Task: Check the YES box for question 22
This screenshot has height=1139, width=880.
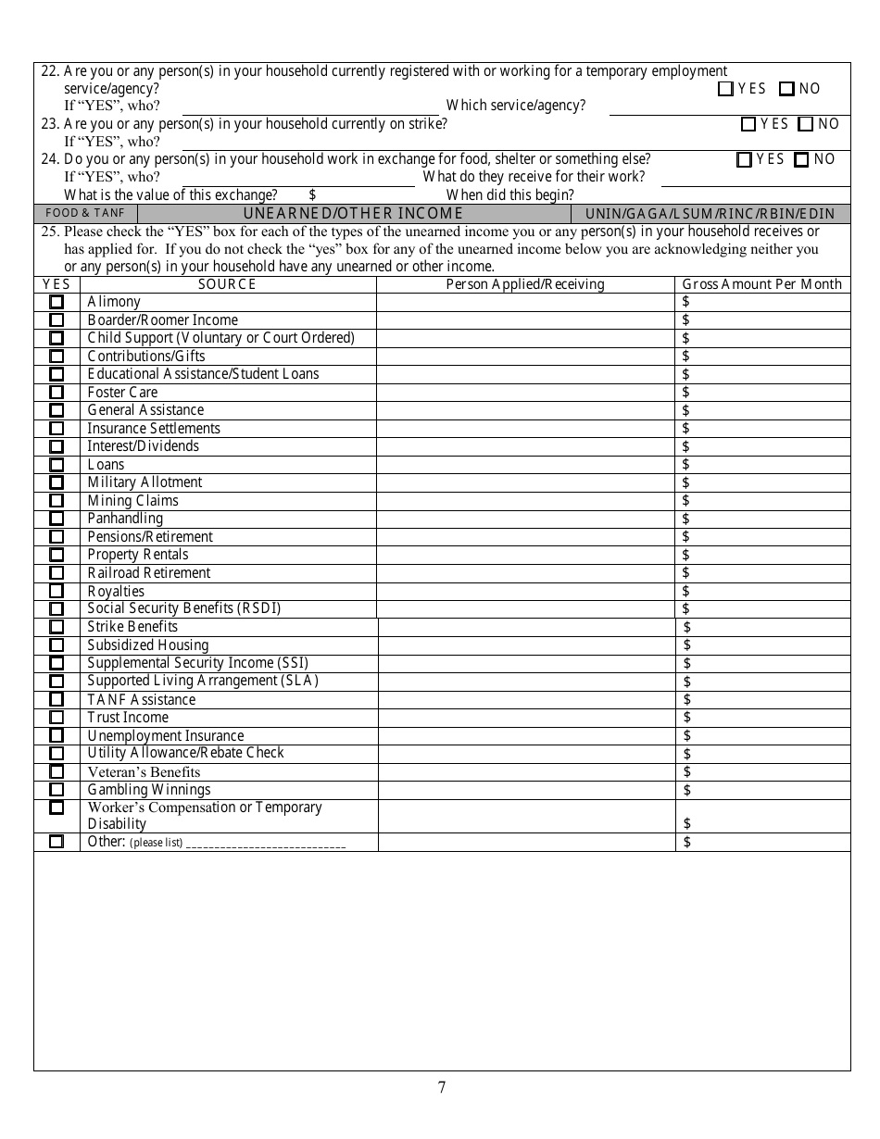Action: click(726, 89)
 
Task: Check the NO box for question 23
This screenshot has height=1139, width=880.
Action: click(805, 124)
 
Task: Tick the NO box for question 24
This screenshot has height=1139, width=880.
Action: click(801, 159)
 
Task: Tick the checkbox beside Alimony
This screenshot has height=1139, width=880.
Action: click(57, 302)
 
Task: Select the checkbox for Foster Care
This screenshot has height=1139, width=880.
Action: click(57, 393)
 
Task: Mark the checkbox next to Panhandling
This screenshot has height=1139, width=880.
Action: click(57, 519)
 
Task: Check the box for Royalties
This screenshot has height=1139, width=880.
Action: click(57, 591)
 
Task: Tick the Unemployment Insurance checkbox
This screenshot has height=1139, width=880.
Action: click(57, 736)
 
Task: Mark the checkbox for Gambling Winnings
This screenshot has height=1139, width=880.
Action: click(57, 790)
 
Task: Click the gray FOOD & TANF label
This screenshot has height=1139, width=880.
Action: click(85, 213)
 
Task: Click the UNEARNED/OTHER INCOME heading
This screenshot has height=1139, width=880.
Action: click(353, 213)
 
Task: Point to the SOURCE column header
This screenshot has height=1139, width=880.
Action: click(227, 284)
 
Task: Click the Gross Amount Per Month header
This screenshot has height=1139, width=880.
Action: click(761, 284)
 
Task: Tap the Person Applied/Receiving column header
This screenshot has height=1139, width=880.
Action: click(525, 284)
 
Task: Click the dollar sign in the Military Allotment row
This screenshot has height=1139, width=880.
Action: click(685, 482)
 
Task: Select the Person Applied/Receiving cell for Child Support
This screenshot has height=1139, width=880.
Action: click(525, 338)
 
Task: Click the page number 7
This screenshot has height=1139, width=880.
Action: click(441, 1087)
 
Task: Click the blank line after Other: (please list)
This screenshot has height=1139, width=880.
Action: click(266, 844)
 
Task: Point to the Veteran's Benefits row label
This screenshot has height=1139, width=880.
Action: click(144, 772)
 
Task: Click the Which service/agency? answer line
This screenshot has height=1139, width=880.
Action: click(729, 107)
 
